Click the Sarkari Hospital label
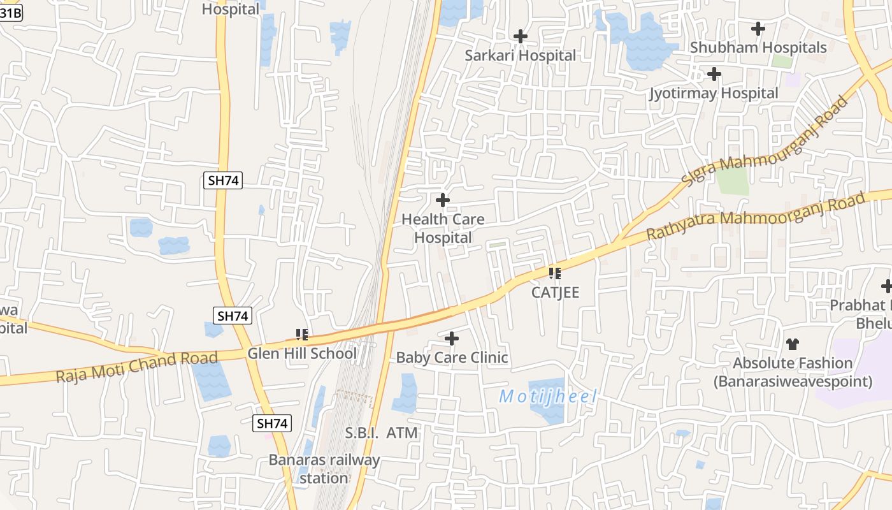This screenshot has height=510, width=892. click(520, 55)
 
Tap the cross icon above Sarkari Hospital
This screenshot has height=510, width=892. click(521, 36)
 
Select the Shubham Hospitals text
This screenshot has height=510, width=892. click(758, 47)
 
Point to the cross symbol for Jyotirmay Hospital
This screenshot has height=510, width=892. click(714, 75)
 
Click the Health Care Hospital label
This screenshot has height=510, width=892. click(443, 228)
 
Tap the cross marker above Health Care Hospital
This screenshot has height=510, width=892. click(443, 200)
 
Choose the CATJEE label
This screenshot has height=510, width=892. click(556, 293)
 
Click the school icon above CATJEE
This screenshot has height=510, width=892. click(555, 273)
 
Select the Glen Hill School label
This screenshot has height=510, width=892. click(302, 353)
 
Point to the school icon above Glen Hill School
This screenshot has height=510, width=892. click(302, 334)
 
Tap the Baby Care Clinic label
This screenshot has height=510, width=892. click(452, 357)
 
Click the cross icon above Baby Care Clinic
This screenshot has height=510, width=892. click(452, 338)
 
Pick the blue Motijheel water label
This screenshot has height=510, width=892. click(548, 397)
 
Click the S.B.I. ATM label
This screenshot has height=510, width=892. click(382, 433)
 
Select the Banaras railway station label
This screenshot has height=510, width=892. click(324, 469)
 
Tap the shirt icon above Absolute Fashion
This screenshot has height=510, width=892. click(792, 344)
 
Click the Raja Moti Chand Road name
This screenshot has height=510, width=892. click(136, 367)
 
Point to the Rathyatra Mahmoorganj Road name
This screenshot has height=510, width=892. click(756, 216)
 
